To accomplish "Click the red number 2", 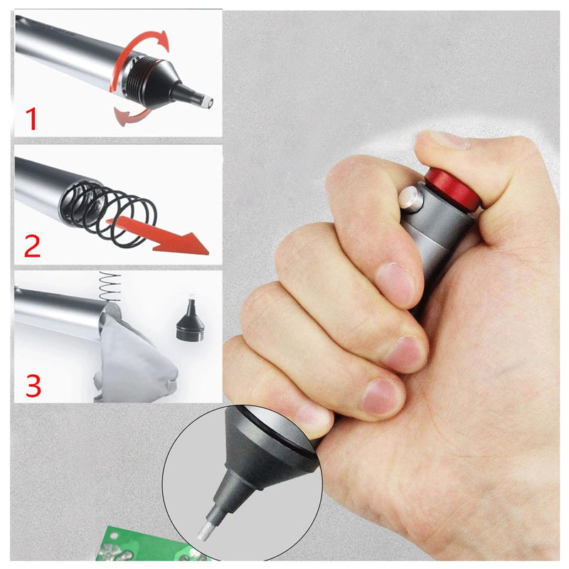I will (33, 244).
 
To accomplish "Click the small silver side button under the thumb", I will (410, 199).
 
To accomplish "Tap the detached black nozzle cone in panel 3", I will (190, 324).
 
